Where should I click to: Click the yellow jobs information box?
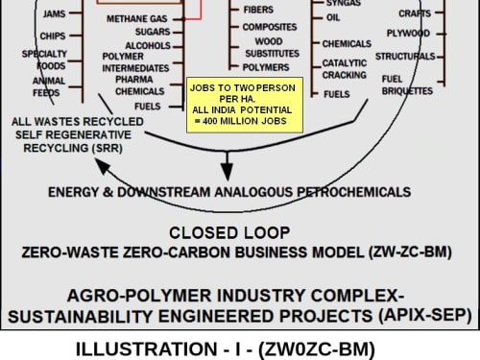(245, 105)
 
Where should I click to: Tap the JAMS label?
(54, 13)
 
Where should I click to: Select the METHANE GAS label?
(137, 19)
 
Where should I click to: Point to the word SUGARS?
(153, 32)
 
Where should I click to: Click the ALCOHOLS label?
(148, 46)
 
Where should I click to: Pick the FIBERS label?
(258, 10)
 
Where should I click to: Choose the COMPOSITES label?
(270, 27)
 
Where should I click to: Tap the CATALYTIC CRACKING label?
(345, 69)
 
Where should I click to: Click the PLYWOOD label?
(408, 34)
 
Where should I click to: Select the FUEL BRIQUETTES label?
(407, 85)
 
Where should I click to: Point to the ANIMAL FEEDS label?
(49, 86)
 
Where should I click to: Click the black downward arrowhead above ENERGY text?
(228, 172)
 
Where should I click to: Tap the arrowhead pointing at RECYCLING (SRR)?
(102, 166)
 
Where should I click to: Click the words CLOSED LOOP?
(229, 233)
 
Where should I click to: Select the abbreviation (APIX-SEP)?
(425, 316)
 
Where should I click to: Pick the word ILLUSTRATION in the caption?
(147, 349)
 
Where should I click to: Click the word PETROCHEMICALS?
(354, 192)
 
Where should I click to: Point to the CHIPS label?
(53, 36)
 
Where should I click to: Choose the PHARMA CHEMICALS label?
(140, 85)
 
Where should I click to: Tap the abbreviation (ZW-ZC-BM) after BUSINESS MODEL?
(411, 252)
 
